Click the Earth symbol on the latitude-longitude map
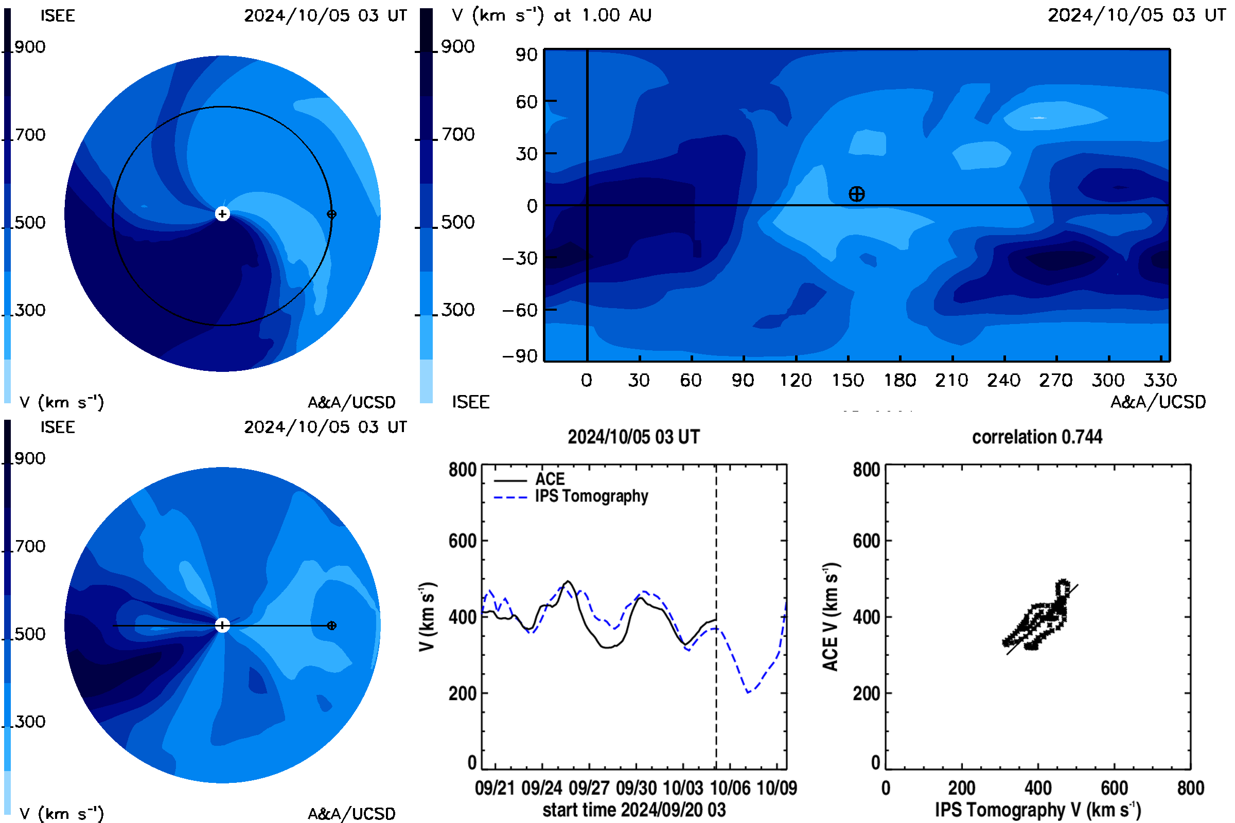click(856, 194)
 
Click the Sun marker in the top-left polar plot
click(222, 213)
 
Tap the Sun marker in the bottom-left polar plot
click(222, 625)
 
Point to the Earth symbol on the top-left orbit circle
click(331, 214)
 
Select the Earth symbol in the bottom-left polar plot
click(331, 625)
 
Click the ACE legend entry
click(530, 479)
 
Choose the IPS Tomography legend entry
click(571, 496)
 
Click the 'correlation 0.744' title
click(1037, 437)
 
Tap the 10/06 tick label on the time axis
click(730, 788)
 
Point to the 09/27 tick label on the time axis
click(589, 788)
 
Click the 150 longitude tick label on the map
click(848, 380)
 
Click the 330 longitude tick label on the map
click(1160, 380)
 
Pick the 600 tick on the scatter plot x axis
click(1114, 788)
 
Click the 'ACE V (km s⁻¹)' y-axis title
click(831, 617)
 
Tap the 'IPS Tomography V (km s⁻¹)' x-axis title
click(1038, 810)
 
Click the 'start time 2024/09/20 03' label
click(634, 810)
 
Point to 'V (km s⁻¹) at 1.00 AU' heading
click(552, 15)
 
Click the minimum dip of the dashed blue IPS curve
click(748, 692)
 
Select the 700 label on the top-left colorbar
click(30, 135)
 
